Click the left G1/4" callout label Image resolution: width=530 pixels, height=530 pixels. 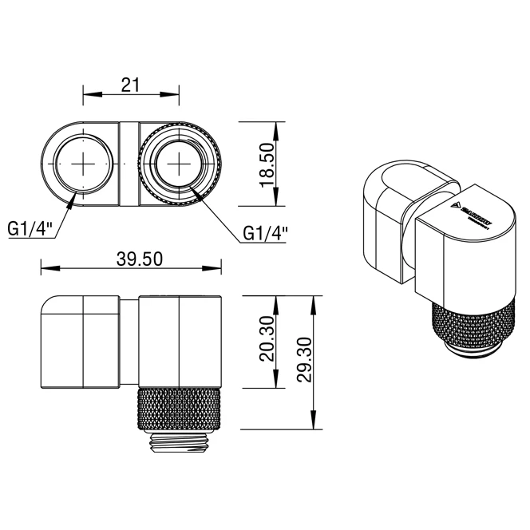(31, 229)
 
